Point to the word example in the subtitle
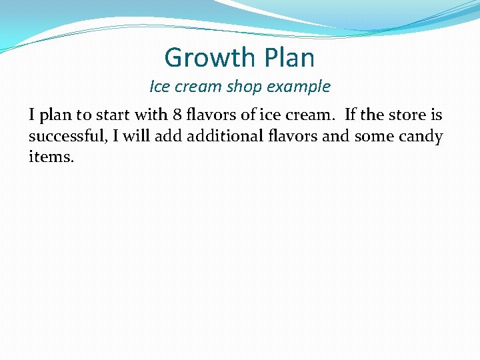point(299,87)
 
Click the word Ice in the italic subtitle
point(160,87)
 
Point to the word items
point(51,159)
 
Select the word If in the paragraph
point(351,115)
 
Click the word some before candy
point(373,137)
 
